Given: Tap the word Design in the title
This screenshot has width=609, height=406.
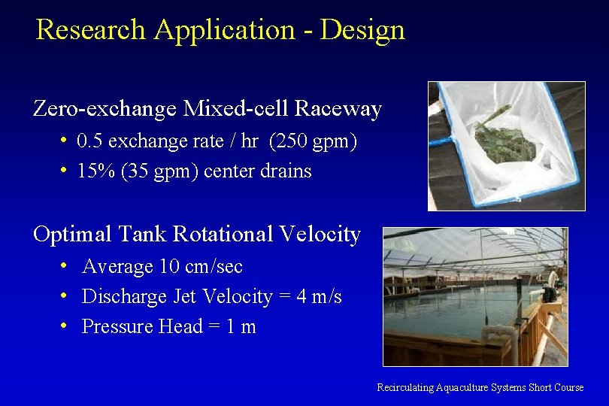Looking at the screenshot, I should click(362, 30).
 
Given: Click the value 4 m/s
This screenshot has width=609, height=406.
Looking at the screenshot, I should click(319, 297).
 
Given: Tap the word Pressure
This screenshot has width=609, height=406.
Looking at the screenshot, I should click(117, 327).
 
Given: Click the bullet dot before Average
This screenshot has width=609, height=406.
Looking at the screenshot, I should click(66, 266).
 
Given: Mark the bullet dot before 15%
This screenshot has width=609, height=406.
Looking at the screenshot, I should click(65, 171).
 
